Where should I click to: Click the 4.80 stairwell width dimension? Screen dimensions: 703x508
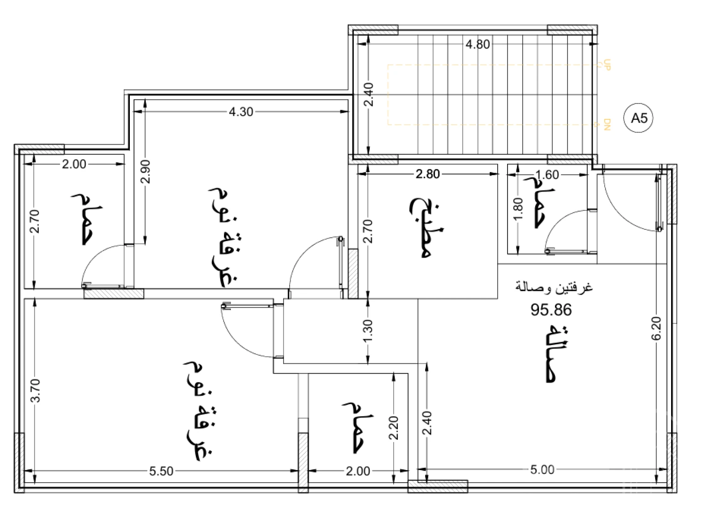tap(478, 44)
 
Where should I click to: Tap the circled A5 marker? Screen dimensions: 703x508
tap(639, 118)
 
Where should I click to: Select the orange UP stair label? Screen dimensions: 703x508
tap(607, 65)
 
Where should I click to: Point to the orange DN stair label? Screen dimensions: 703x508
tap(607, 125)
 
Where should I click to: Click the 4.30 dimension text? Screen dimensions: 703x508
tap(241, 111)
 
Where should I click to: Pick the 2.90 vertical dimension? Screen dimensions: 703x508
tap(146, 171)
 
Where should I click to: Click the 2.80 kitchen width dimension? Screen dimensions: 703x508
tap(427, 174)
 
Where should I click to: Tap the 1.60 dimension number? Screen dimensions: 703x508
tap(547, 175)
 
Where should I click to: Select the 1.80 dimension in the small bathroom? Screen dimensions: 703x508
tap(518, 209)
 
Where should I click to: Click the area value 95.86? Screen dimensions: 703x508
tap(551, 310)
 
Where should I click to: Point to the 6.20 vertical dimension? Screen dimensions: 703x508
tap(656, 328)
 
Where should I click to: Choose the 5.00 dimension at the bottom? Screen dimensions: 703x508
tap(542, 470)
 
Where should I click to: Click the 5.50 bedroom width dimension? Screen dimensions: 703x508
tap(161, 471)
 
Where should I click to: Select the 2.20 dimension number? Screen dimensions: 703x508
tap(394, 428)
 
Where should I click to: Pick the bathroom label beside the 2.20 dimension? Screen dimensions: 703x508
tap(358, 427)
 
